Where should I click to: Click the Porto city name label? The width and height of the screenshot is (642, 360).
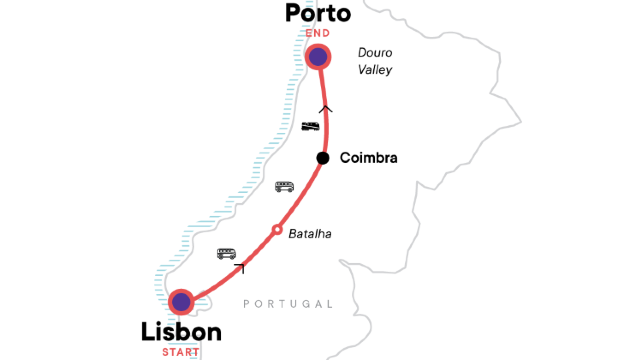tap(318, 14)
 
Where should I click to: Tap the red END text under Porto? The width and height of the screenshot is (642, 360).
tap(318, 34)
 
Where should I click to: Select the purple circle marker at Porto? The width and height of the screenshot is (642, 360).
tap(318, 57)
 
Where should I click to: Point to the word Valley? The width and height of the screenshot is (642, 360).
tap(375, 70)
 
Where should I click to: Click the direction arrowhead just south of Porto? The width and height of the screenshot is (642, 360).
tap(324, 109)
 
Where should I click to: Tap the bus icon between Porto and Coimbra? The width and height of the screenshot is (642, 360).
tap(310, 126)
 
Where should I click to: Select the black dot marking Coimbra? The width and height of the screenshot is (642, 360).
tap(323, 158)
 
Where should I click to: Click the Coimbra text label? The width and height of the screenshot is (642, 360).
tap(369, 158)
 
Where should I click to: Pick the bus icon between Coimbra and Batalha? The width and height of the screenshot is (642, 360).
tap(285, 186)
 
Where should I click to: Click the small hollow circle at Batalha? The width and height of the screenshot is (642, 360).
tap(277, 231)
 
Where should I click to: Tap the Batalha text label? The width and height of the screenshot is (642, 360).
tap(309, 234)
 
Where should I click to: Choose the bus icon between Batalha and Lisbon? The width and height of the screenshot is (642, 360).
tap(227, 253)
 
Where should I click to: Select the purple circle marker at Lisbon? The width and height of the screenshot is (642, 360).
tap(181, 301)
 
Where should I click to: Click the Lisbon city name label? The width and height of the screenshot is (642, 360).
tap(181, 332)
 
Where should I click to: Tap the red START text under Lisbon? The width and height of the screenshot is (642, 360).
tap(181, 352)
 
